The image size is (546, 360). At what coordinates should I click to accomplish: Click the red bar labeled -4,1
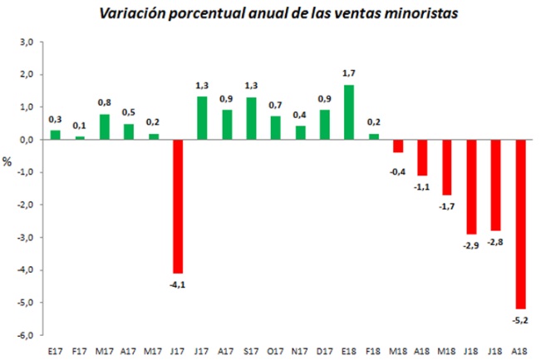point(177,206)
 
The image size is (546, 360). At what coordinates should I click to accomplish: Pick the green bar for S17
point(251,119)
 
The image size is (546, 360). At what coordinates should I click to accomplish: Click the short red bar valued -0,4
point(399,146)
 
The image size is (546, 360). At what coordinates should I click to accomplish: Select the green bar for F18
point(374,136)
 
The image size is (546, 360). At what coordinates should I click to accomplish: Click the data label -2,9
point(470,247)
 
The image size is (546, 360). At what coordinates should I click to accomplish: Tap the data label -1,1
point(422,187)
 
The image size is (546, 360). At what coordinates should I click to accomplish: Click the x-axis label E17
point(54,349)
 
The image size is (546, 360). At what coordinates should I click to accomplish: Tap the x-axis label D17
point(325,349)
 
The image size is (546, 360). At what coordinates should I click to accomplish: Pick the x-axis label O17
point(275,349)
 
